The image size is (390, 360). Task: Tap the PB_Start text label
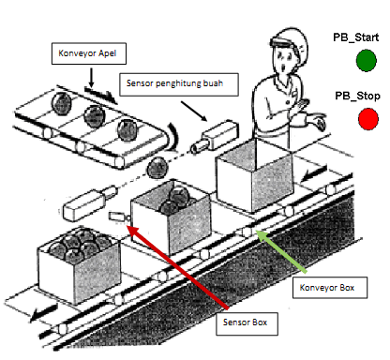[x=355, y=37]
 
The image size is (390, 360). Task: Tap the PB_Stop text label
[x=355, y=96]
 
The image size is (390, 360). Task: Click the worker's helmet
[x=284, y=42]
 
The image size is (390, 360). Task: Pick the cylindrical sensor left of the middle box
[x=85, y=202]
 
